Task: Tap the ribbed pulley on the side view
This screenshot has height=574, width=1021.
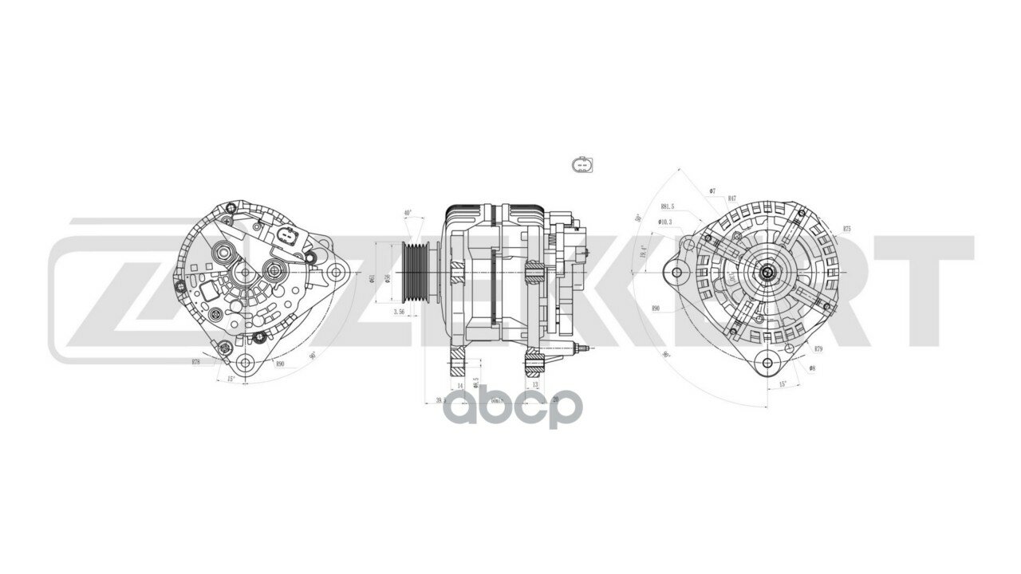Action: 416,271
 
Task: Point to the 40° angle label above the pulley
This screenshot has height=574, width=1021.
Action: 408,214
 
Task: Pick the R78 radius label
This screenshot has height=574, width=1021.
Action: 196,362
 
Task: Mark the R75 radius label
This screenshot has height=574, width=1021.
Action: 846,229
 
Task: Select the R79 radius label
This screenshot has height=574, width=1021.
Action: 818,349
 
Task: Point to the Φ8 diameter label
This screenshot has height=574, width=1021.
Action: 811,368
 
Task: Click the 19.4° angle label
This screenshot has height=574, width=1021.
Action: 643,253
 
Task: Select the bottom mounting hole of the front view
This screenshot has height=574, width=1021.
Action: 767,363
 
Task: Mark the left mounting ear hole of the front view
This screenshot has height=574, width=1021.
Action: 677,273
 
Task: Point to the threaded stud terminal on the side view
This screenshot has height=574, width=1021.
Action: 583,348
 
